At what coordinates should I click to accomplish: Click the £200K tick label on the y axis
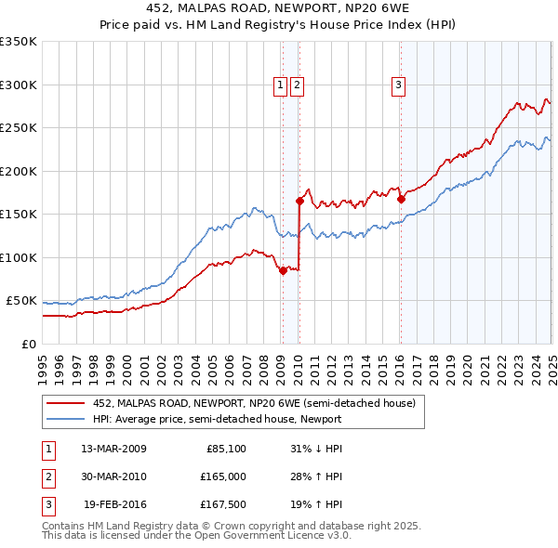(x=19, y=171)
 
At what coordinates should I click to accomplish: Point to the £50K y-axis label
(x=21, y=301)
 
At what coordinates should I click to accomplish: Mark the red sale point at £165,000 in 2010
(x=299, y=201)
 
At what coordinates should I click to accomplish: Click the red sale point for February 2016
(x=401, y=199)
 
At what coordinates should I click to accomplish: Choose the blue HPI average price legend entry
(x=216, y=419)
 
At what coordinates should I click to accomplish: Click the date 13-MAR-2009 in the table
(x=113, y=449)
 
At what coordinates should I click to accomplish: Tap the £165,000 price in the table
(x=222, y=476)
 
